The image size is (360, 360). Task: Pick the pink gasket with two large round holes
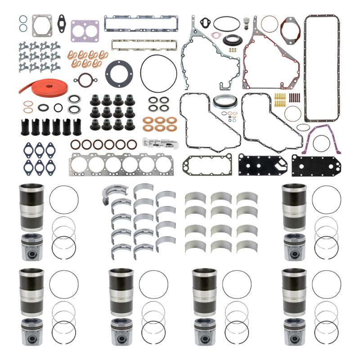[85, 30]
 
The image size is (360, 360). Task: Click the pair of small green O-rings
[23, 24]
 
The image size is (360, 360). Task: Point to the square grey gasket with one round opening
[42, 25]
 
